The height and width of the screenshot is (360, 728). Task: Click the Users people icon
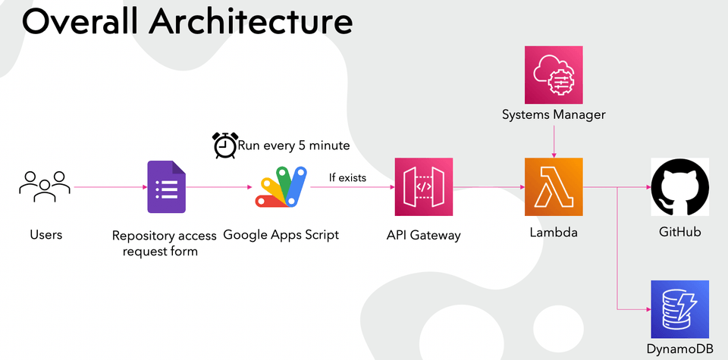click(45, 186)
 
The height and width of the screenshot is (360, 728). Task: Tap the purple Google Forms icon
click(166, 187)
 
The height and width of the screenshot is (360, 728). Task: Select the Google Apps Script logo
click(283, 188)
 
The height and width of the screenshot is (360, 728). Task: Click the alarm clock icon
click(224, 145)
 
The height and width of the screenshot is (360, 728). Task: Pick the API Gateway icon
click(423, 187)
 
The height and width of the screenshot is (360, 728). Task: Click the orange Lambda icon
click(554, 186)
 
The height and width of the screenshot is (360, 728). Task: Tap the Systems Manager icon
click(554, 75)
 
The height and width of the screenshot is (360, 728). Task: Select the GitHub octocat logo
click(679, 187)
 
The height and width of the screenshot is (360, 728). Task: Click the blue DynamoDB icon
click(679, 309)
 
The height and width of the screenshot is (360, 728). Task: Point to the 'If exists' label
click(347, 178)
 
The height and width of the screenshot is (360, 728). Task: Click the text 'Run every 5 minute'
click(293, 146)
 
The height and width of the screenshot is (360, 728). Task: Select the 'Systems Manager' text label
click(554, 114)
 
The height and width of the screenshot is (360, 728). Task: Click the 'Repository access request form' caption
click(164, 243)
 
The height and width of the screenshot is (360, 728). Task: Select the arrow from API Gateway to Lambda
click(488, 187)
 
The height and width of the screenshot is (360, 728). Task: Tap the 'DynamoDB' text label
click(679, 349)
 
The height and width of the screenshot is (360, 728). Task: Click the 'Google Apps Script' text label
click(281, 235)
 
